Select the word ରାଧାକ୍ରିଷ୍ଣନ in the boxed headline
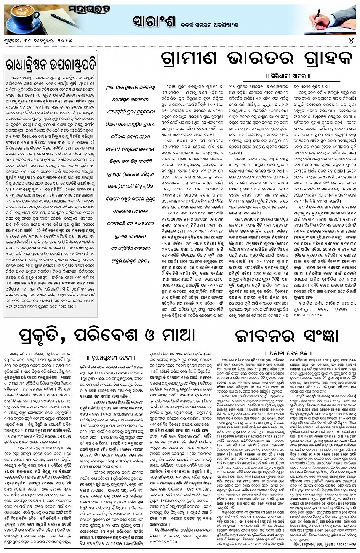tap(27, 64)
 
